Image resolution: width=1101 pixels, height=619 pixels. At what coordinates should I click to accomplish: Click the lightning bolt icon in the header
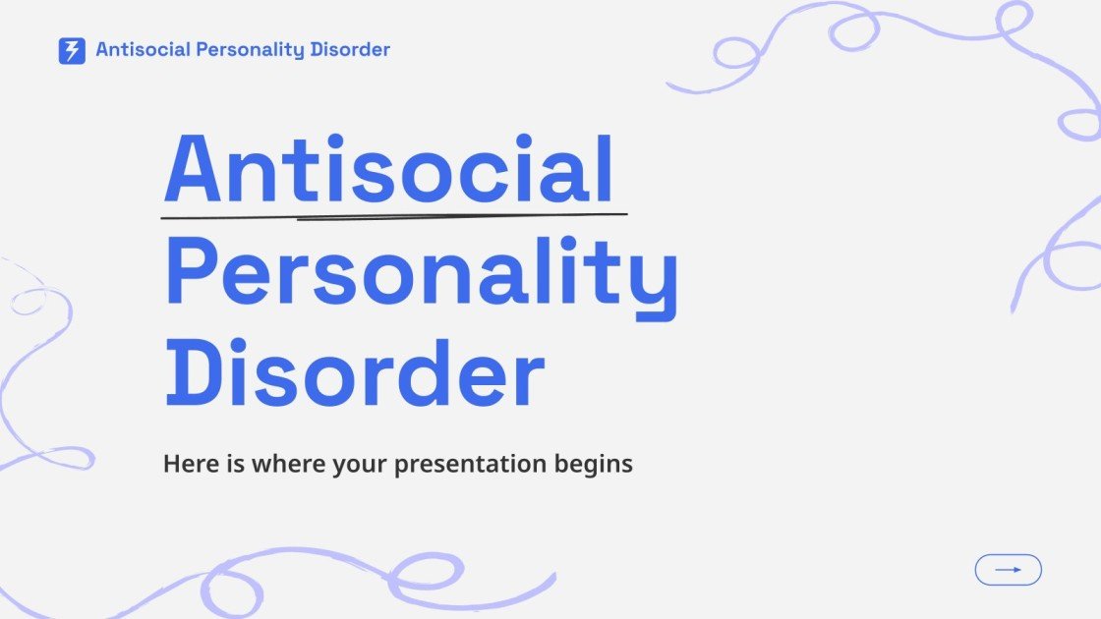coord(72,50)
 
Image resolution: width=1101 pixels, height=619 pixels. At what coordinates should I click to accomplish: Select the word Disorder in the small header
coord(350,49)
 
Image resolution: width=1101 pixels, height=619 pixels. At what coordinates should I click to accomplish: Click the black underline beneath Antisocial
coord(393,214)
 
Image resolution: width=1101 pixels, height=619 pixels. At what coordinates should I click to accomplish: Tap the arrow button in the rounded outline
coord(1008,570)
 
